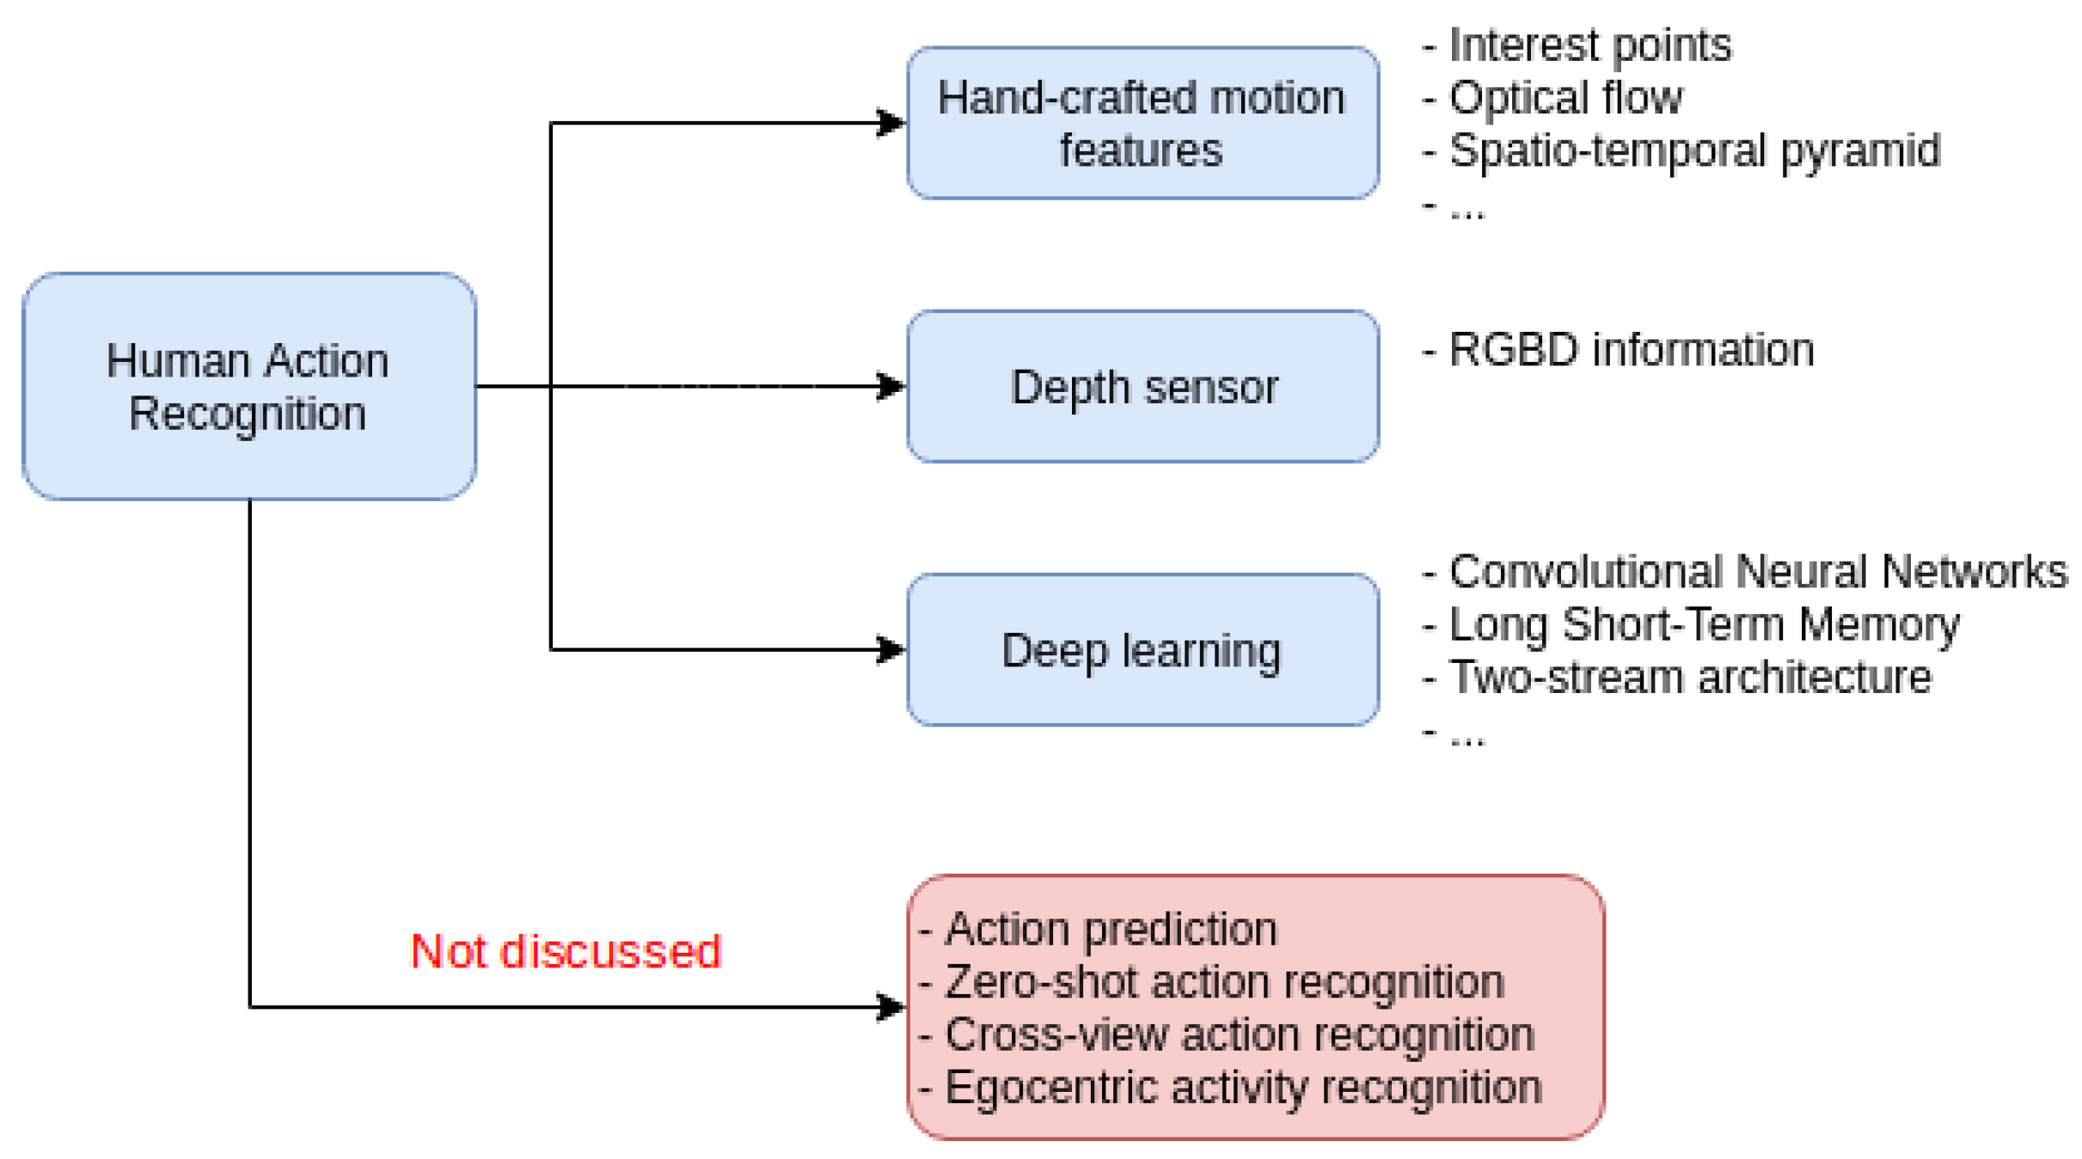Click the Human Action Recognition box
[249, 386]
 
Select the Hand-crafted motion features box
[1142, 123]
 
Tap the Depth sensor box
[1142, 386]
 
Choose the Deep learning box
[1142, 650]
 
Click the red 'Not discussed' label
[566, 951]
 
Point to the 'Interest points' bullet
[1577, 46]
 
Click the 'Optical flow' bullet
[1552, 98]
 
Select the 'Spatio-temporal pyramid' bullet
[1681, 151]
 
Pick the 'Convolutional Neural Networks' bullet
[1744, 572]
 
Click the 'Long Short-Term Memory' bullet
[1690, 625]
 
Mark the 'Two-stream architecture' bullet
[1676, 678]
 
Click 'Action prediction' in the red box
[1098, 929]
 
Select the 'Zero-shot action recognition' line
[1211, 982]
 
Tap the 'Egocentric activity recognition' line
[1230, 1088]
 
